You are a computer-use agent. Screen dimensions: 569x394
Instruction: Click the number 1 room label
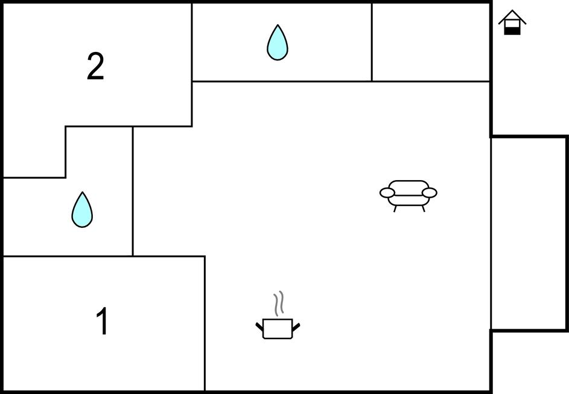click(103, 321)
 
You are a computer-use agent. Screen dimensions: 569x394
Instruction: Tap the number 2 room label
click(95, 66)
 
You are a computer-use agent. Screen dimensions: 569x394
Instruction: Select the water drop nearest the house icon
click(278, 42)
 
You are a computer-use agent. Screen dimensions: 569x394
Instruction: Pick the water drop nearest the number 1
click(82, 210)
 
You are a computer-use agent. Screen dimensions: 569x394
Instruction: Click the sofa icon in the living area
click(408, 196)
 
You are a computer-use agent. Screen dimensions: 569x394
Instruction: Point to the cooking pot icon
click(278, 328)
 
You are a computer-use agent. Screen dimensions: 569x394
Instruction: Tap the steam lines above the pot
click(278, 303)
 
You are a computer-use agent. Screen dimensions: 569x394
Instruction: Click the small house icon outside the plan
click(512, 22)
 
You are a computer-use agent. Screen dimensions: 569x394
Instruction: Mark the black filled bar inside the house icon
click(512, 31)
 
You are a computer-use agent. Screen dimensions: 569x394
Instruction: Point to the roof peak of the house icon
click(512, 10)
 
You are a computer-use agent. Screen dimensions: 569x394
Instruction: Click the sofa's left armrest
click(387, 193)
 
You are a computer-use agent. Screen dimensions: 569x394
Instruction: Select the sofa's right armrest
click(430, 193)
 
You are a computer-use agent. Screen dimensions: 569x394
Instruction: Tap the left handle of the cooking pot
click(259, 326)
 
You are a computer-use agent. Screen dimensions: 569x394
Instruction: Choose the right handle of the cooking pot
click(296, 326)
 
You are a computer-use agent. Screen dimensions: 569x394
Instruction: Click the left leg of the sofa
click(395, 208)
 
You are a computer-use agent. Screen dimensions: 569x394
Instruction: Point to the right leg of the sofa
click(423, 208)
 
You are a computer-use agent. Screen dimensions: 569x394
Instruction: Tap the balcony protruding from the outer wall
click(529, 233)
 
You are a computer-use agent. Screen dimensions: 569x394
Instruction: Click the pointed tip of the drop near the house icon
click(278, 25)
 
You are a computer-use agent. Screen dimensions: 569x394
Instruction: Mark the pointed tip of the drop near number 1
click(83, 192)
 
